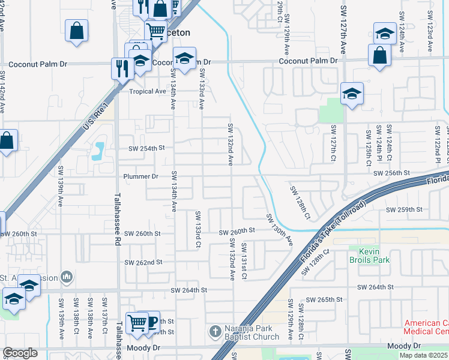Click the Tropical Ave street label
coord(147,92)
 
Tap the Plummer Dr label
coord(140,176)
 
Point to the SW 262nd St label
coord(143,263)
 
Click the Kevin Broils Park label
coord(370,256)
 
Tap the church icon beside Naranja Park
coord(215,332)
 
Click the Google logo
coord(20,352)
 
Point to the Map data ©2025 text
coord(424,355)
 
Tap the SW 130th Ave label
coord(280,229)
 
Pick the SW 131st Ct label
coord(244,260)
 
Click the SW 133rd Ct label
coord(197,229)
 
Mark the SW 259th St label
coord(405,209)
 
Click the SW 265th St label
coord(324,299)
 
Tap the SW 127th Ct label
coord(333,143)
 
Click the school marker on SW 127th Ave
coord(352,94)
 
